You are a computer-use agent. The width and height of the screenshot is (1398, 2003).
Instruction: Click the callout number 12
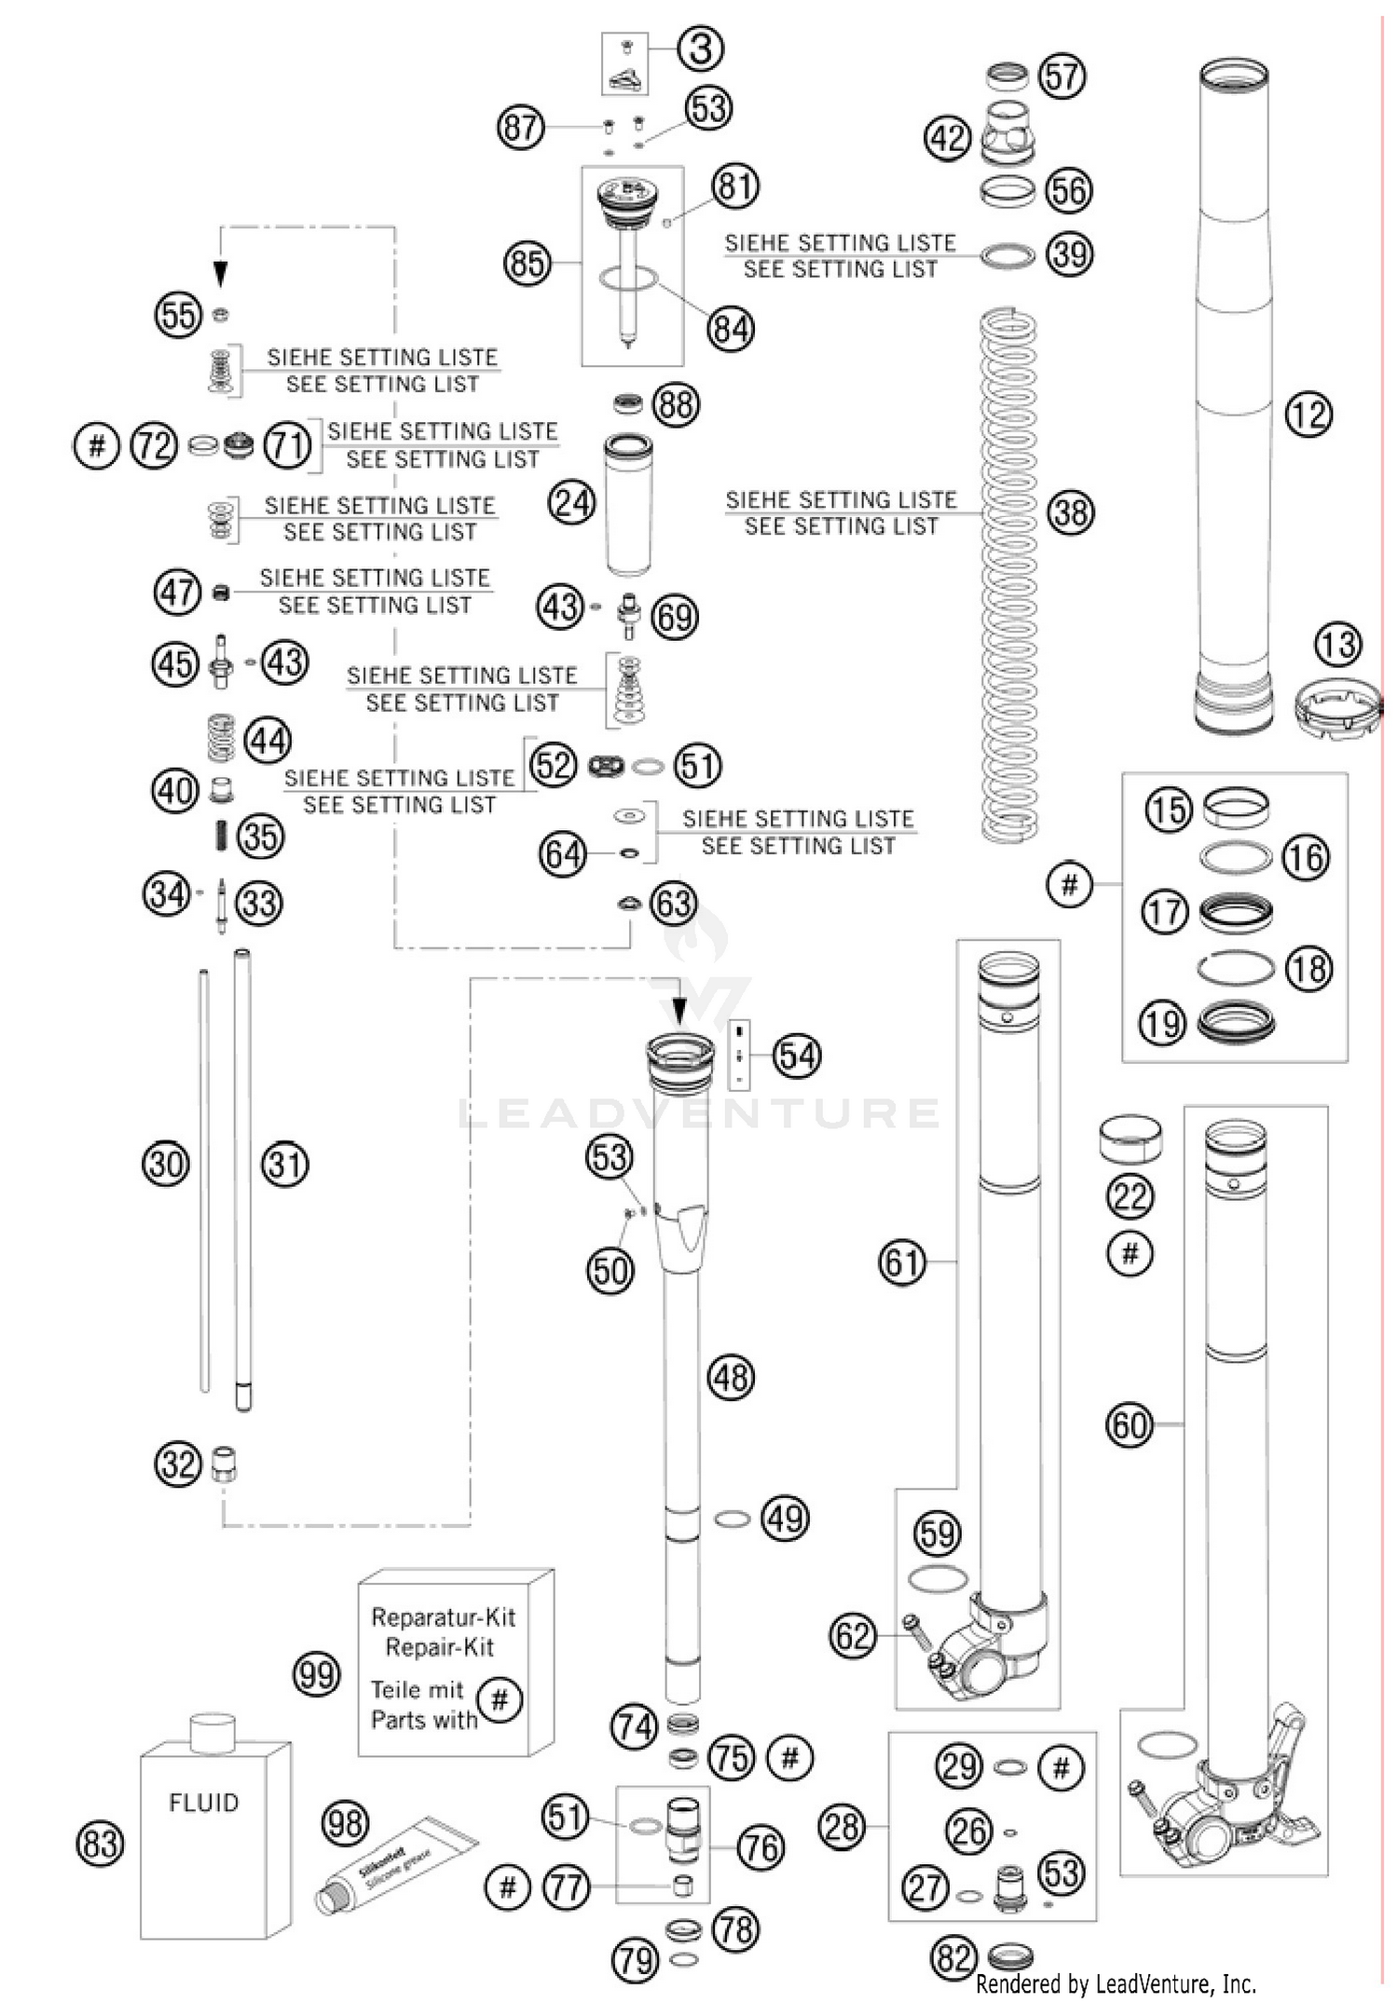1308,414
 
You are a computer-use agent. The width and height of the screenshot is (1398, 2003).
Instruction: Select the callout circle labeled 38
1070,512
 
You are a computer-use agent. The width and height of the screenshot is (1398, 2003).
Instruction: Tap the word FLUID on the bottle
204,1803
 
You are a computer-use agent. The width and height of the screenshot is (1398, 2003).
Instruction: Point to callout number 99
316,1675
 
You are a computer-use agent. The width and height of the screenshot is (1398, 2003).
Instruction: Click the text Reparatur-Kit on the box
443,1616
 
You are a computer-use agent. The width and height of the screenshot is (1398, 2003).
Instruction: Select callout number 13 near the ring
1338,644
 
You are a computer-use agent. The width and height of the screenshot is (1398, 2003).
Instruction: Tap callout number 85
527,263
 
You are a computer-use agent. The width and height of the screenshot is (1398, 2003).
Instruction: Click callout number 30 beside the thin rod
166,1164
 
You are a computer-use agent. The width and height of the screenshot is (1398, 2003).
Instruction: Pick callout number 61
902,1262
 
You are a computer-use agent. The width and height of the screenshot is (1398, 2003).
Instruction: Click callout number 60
1129,1424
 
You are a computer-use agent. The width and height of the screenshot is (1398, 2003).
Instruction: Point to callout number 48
731,1377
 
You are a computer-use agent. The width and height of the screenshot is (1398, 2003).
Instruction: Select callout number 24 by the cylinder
572,503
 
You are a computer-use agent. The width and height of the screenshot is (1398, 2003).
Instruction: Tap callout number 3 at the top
701,48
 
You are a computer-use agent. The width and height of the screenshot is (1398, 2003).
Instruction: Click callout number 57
1062,75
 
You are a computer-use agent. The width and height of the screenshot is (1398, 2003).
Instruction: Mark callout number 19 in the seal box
1162,1024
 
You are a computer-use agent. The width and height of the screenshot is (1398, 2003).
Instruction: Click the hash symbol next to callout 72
97,445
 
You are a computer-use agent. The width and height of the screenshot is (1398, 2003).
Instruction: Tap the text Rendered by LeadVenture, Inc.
1116,1983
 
